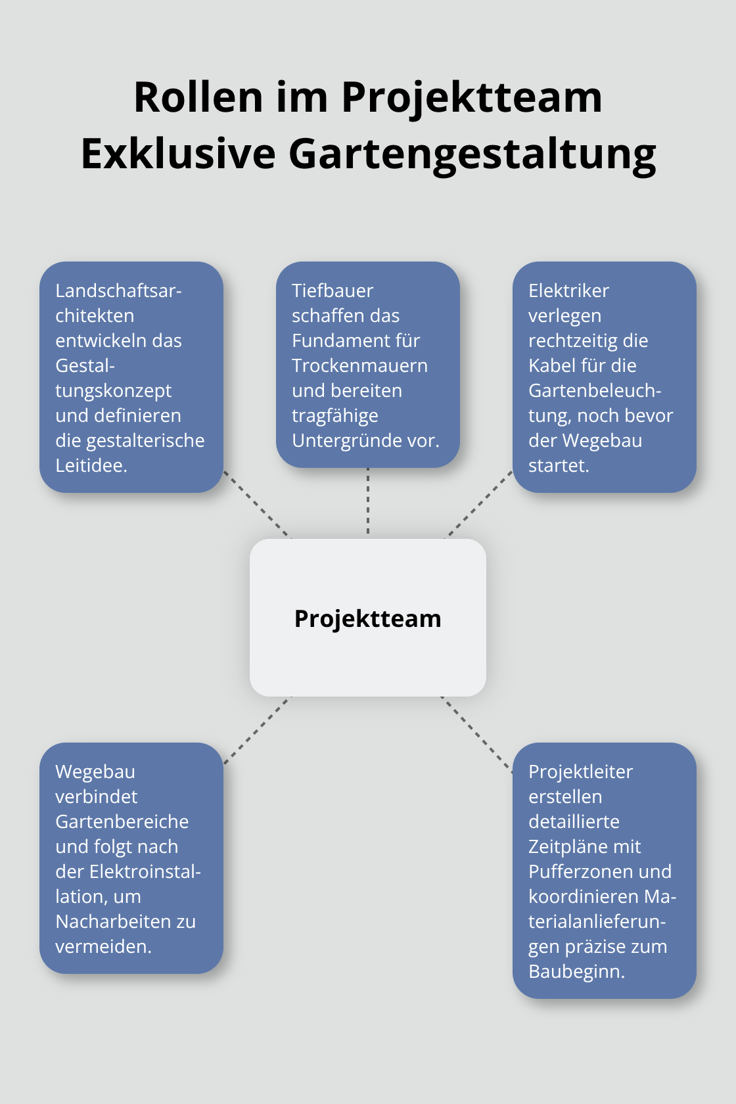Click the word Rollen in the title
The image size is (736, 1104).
click(x=198, y=97)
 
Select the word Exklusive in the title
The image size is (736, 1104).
click(x=178, y=154)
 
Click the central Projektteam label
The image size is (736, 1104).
click(x=367, y=618)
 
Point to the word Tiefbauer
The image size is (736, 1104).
click(x=332, y=290)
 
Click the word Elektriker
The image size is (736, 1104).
click(x=568, y=290)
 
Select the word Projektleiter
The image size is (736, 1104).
click(x=580, y=771)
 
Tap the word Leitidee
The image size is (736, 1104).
click(x=91, y=465)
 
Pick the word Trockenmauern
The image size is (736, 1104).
click(x=359, y=365)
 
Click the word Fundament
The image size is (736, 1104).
click(x=336, y=340)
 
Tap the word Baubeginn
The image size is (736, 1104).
click(x=576, y=971)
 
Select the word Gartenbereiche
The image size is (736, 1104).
click(x=122, y=821)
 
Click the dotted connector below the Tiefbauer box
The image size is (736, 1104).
click(x=368, y=503)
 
